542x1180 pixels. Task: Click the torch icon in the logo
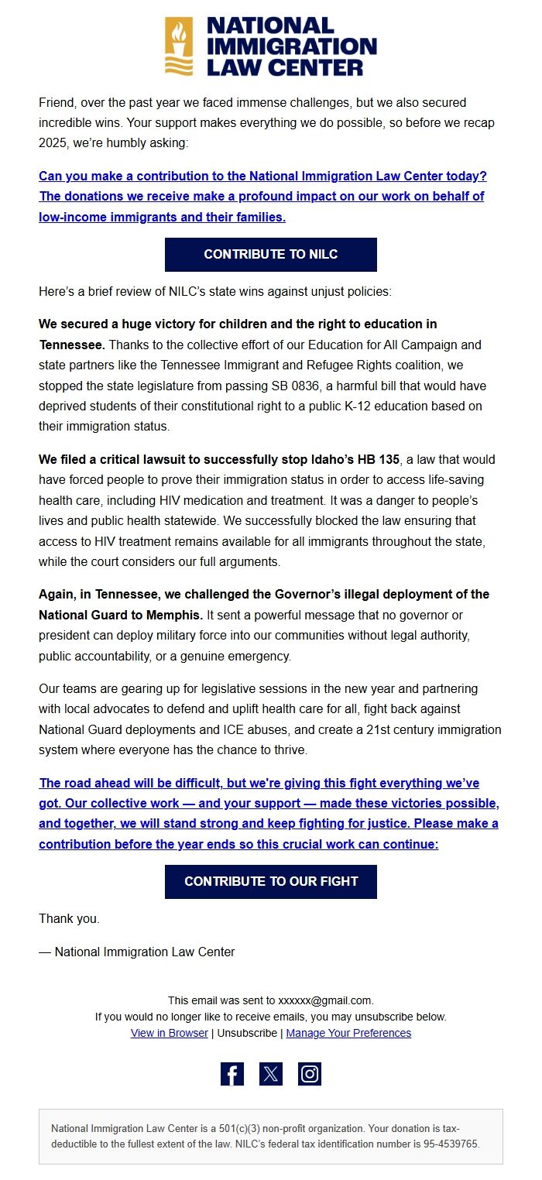(x=179, y=46)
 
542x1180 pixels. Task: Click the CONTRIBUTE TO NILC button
(x=270, y=255)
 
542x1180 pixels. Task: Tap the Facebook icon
(x=232, y=1074)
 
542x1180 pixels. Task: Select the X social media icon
(x=271, y=1074)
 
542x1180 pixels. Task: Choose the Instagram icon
(x=310, y=1074)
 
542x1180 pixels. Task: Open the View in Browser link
(x=169, y=1033)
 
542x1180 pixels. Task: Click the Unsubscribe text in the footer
(x=247, y=1033)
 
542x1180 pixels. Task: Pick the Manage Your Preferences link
(x=348, y=1033)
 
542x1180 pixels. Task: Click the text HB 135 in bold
(x=377, y=460)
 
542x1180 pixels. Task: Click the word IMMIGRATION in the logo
(x=291, y=46)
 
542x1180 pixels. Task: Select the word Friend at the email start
(x=56, y=102)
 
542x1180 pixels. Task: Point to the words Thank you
(x=69, y=919)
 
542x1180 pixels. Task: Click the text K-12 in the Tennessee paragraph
(x=372, y=406)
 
